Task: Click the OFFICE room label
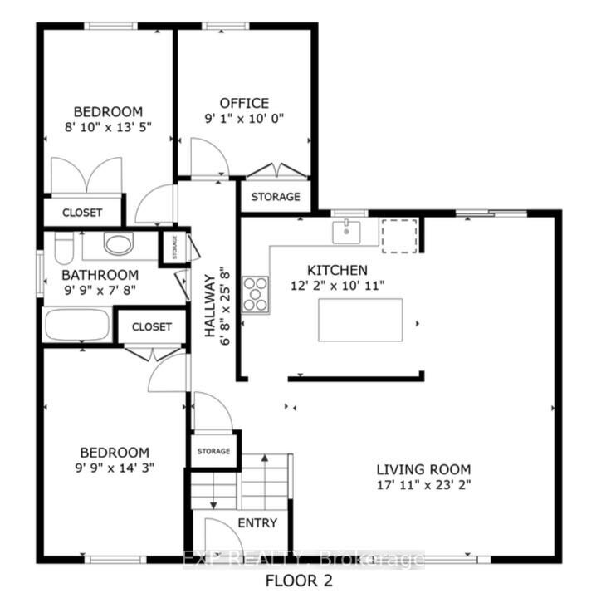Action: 244,103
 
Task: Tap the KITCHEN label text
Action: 337,270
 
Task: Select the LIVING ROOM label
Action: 423,469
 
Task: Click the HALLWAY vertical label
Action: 209,306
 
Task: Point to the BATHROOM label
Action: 100,275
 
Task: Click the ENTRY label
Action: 257,523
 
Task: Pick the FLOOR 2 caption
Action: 299,581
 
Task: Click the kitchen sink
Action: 346,232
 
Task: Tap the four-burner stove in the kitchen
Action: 255,294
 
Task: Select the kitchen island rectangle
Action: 360,320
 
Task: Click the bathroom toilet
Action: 64,248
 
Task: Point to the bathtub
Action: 77,325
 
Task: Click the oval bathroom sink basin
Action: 119,243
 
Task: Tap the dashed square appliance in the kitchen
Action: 399,236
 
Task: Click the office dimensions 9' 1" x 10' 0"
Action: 244,118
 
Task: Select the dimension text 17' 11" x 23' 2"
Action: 423,484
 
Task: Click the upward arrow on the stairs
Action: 265,481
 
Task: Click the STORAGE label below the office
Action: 276,197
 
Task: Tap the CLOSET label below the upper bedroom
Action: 82,213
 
